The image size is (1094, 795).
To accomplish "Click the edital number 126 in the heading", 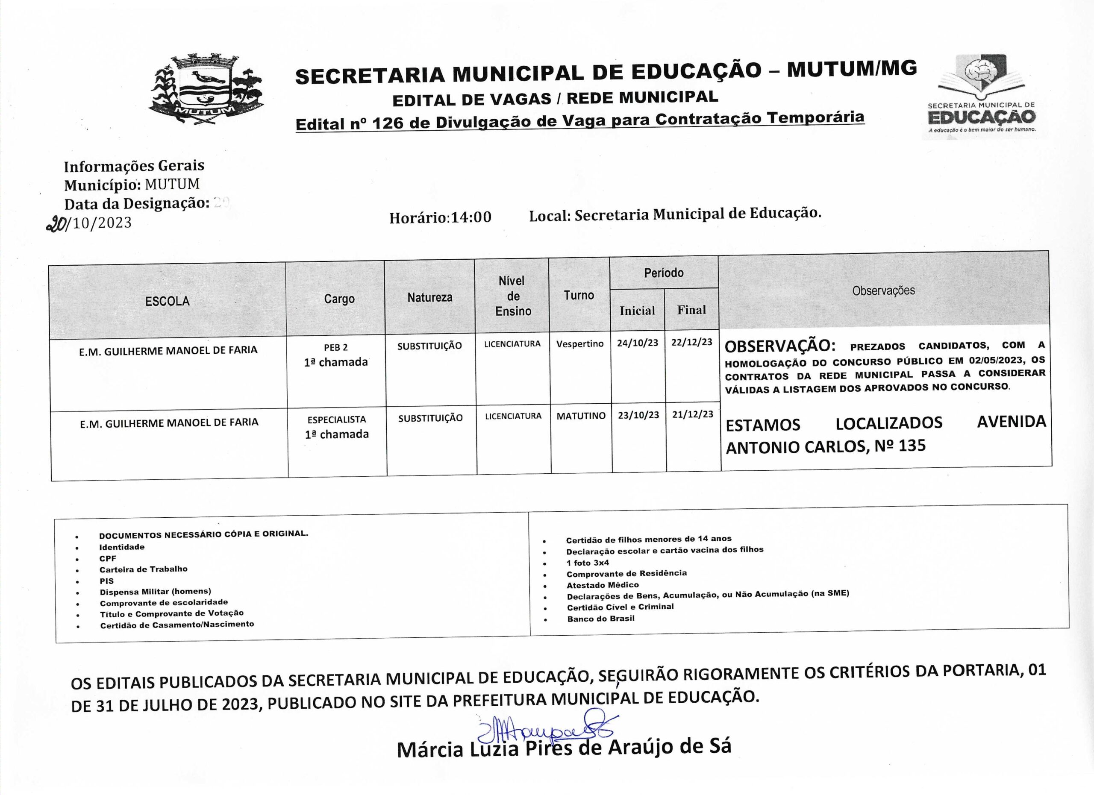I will pyautogui.click(x=389, y=123).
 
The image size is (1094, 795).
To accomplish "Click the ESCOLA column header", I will pyautogui.click(x=168, y=301).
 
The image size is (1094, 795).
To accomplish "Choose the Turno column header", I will pyautogui.click(x=579, y=295).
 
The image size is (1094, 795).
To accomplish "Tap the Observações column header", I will pyautogui.click(x=883, y=291).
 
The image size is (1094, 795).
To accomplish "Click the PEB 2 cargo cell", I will pyautogui.click(x=336, y=348).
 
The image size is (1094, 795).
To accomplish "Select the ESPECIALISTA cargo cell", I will pyautogui.click(x=337, y=420).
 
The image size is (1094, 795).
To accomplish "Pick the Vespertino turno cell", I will pyautogui.click(x=580, y=344).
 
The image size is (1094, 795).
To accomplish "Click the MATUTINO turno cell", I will pyautogui.click(x=581, y=416).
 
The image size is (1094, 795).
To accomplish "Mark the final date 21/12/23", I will pyautogui.click(x=693, y=414).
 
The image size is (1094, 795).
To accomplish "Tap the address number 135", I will pyautogui.click(x=912, y=446).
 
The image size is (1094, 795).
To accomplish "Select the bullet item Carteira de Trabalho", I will pyautogui.click(x=143, y=569).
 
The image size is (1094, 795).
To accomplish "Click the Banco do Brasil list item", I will pyautogui.click(x=600, y=619).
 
